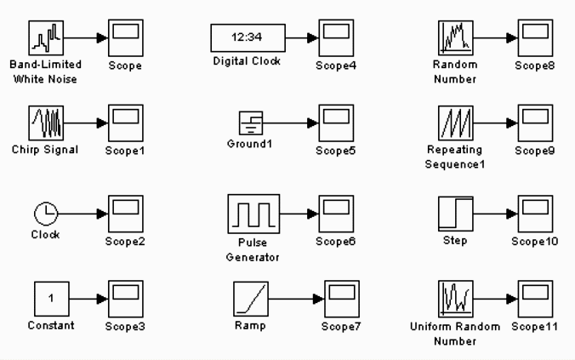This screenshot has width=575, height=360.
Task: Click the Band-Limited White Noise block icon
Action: pyautogui.click(x=47, y=37)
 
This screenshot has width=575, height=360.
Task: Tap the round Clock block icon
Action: pyautogui.click(x=44, y=213)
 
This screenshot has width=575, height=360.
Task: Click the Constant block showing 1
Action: pyautogui.click(x=50, y=298)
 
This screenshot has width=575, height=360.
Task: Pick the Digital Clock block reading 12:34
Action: pyautogui.click(x=248, y=37)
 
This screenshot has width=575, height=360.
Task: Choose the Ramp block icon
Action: pyautogui.click(x=252, y=298)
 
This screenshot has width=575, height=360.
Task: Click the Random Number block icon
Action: pyautogui.click(x=455, y=37)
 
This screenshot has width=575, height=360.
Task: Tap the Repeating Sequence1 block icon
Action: pyautogui.click(x=455, y=123)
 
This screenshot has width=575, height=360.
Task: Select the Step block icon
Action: pyautogui.click(x=455, y=213)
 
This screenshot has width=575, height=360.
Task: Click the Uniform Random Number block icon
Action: pyautogui.click(x=455, y=298)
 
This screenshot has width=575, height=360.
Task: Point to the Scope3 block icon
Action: pyautogui.click(x=125, y=298)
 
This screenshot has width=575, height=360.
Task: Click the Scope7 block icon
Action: pyautogui.click(x=341, y=298)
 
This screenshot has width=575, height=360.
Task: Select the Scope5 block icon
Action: pyautogui.click(x=335, y=123)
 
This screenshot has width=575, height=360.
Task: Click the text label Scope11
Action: pyautogui.click(x=535, y=327)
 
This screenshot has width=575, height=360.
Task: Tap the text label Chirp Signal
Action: pyautogui.click(x=47, y=151)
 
